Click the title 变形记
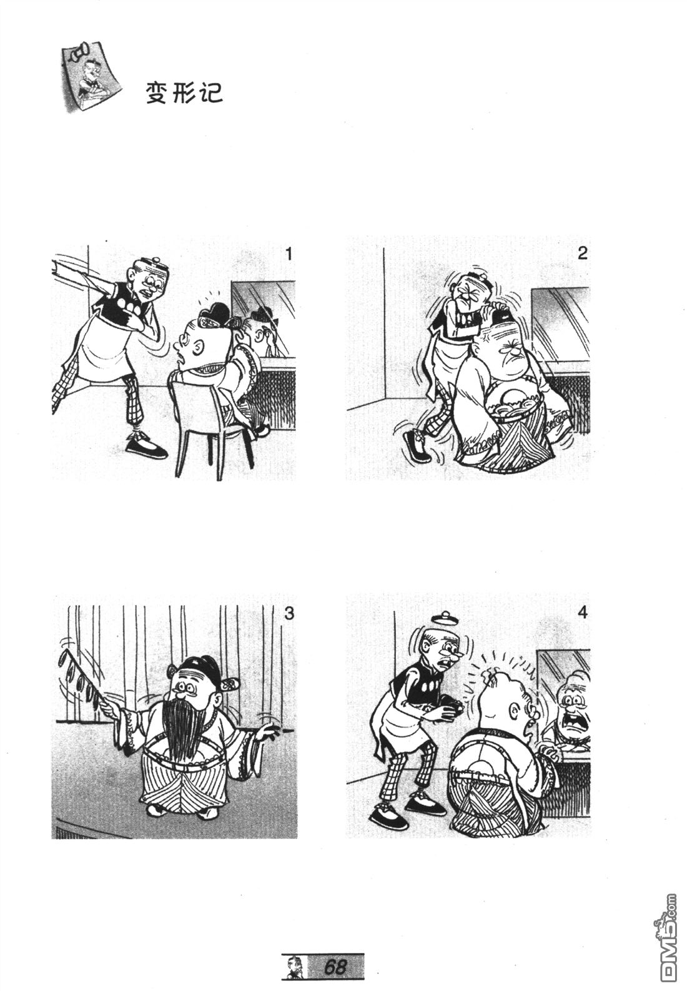click(x=184, y=93)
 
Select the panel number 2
click(x=582, y=253)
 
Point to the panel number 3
click(x=289, y=614)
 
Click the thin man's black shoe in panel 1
click(x=146, y=447)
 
